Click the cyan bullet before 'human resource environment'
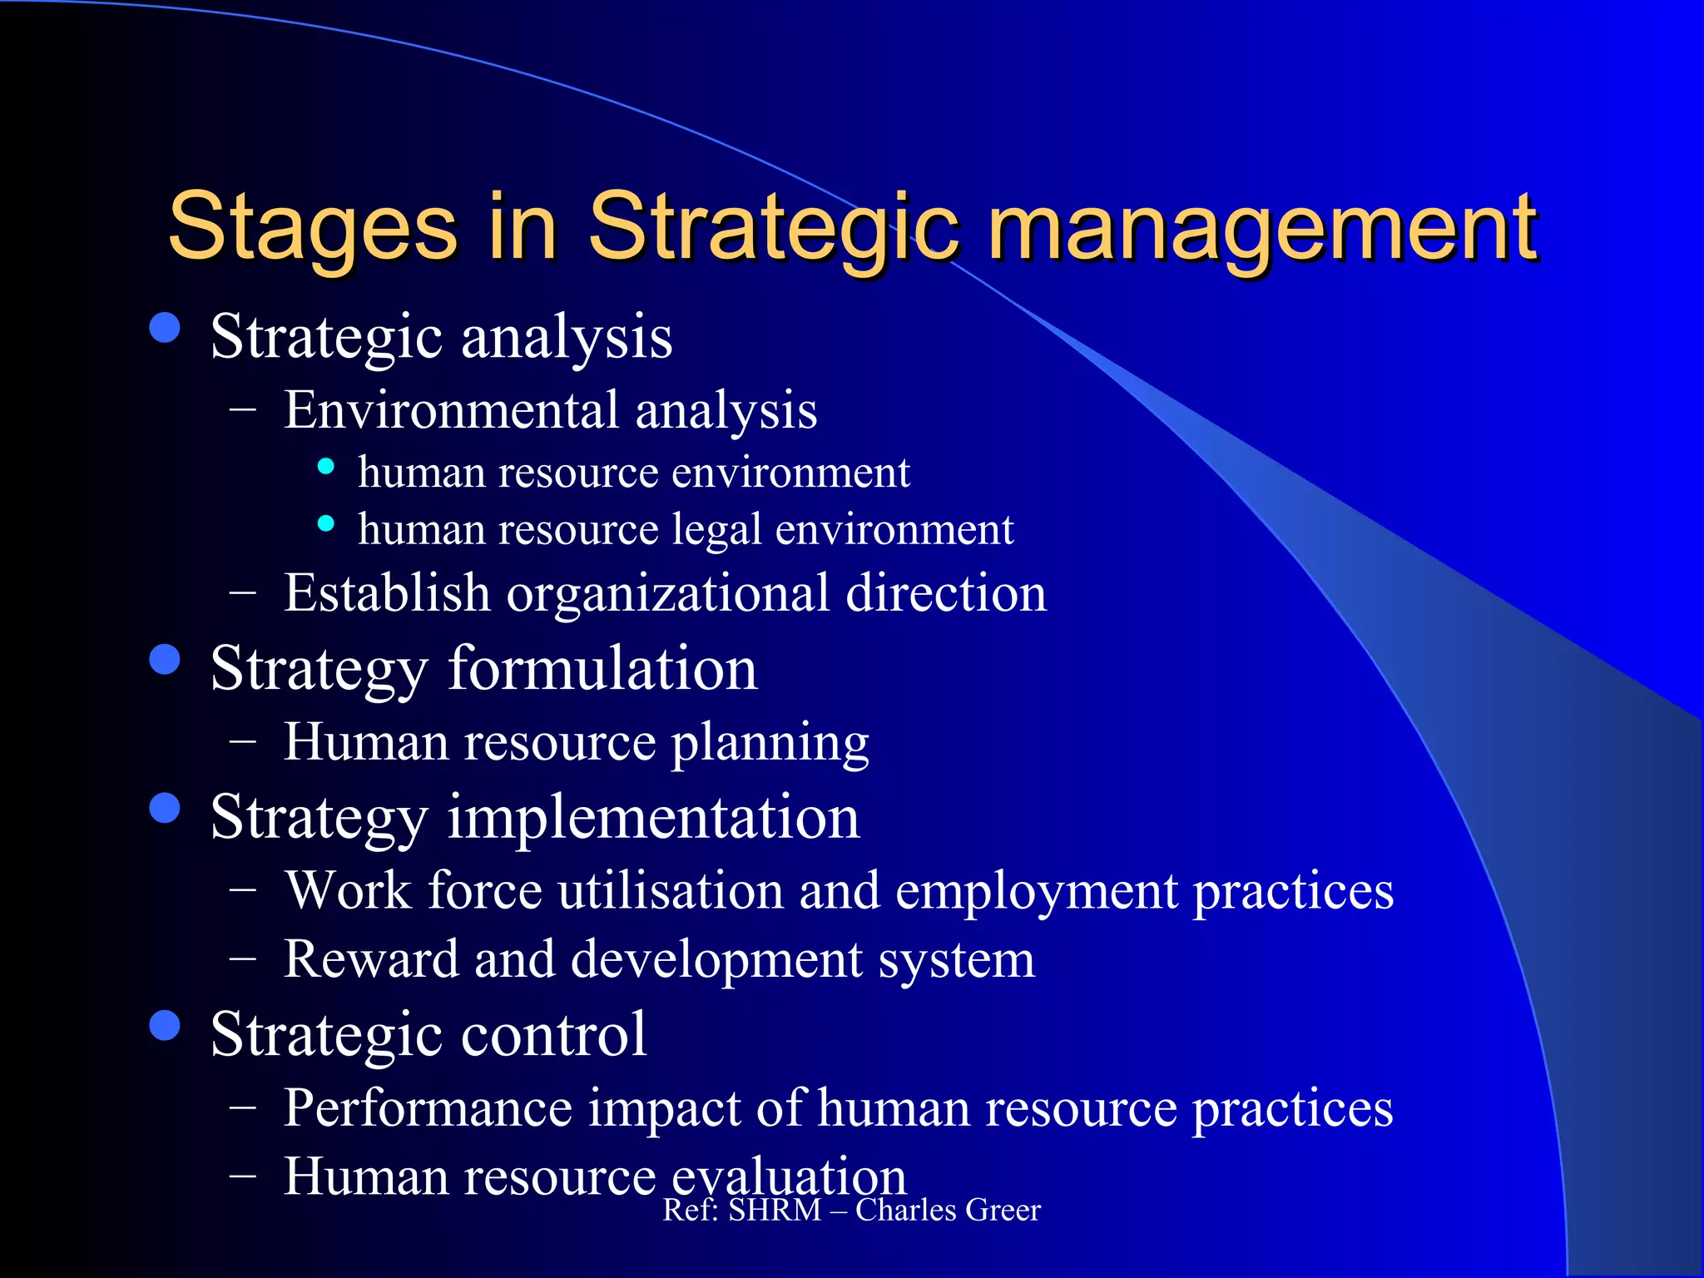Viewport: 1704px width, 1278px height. pyautogui.click(x=326, y=467)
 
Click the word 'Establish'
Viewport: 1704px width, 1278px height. pyautogui.click(x=387, y=593)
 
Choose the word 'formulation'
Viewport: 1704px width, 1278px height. pyautogui.click(x=602, y=669)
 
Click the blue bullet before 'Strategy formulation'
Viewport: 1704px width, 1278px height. pyautogui.click(x=165, y=660)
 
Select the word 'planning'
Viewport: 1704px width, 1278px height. pyautogui.click(x=770, y=742)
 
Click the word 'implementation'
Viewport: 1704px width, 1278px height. pyautogui.click(x=653, y=817)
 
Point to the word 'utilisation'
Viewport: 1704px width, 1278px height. pyautogui.click(x=671, y=891)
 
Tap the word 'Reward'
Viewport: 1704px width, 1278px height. pyautogui.click(x=371, y=959)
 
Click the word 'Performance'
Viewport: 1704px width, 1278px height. pyautogui.click(x=428, y=1108)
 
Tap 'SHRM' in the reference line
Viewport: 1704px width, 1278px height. pyautogui.click(x=775, y=1211)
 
